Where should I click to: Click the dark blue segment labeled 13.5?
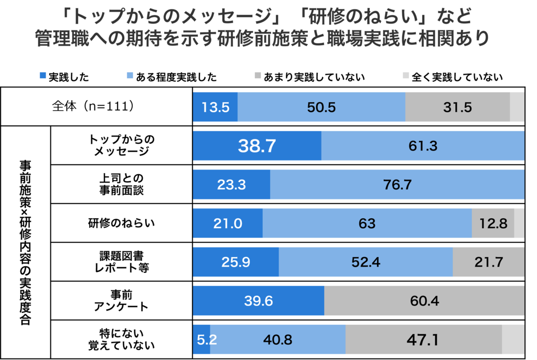coord(216,107)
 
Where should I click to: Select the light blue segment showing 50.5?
coord(321,107)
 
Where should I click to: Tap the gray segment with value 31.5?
coord(457,107)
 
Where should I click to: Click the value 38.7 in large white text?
coord(257,146)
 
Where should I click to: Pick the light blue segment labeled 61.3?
coord(423,146)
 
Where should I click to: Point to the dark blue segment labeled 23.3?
coord(231,185)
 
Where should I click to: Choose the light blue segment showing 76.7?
coord(397,185)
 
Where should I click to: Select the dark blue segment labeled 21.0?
coord(228,224)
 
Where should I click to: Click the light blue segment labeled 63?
coord(367,224)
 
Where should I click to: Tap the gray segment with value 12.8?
coord(493,224)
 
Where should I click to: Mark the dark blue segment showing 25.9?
coord(236,262)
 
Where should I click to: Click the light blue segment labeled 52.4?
coord(366,262)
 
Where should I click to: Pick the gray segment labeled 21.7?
coord(488,262)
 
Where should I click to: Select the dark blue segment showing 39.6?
coord(259,301)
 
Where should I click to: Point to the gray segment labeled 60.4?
coord(424,301)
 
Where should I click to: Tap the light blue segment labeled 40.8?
coord(278,340)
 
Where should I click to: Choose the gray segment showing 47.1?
coord(424,340)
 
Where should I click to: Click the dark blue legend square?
coord(43,76)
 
